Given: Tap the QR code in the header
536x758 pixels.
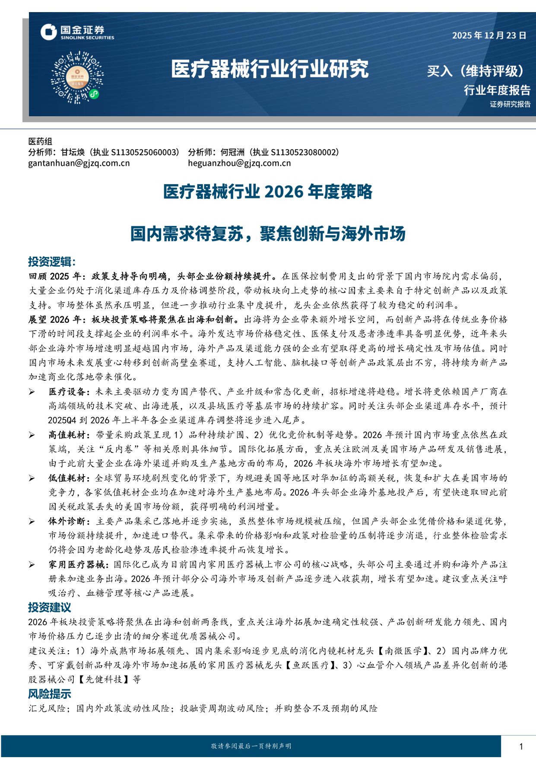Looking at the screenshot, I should click(x=77, y=77).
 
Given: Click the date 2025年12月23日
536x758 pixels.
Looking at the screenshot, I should click(x=489, y=35).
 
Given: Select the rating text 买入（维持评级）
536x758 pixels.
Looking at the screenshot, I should click(x=476, y=70).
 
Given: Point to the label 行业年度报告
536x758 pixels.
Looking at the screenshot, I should click(x=497, y=90).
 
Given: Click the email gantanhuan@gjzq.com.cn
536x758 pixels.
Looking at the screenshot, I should click(x=79, y=163).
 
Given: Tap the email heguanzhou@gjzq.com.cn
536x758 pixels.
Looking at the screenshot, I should click(x=239, y=163).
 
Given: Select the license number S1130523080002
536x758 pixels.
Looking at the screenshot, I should click(x=304, y=152).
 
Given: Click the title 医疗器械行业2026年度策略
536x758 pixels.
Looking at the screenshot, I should click(x=268, y=191).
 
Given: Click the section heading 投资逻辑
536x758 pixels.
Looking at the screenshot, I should click(x=52, y=261).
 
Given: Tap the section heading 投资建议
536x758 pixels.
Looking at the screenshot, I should click(x=50, y=607).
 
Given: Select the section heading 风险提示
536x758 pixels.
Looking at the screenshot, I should click(x=50, y=694).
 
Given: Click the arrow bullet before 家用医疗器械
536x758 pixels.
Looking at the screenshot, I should click(x=32, y=564).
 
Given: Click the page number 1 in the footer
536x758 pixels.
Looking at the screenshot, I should click(x=521, y=746).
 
